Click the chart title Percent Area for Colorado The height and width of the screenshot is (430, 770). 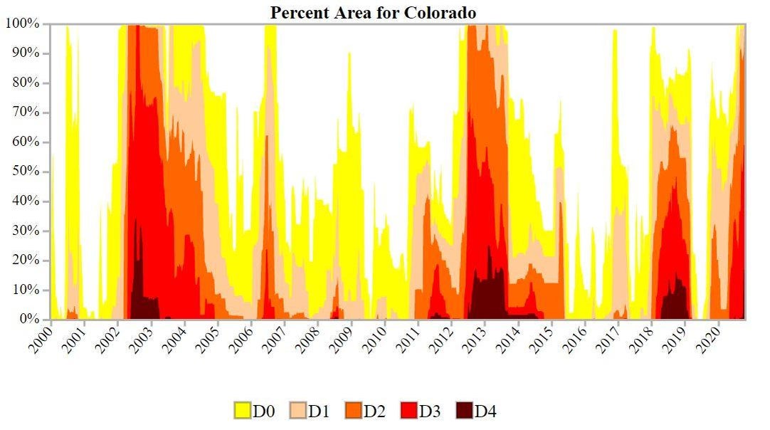373,12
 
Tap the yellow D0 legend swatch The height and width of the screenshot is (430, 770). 243,411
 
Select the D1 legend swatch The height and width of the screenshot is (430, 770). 297,411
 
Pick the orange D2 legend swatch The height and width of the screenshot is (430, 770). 353,411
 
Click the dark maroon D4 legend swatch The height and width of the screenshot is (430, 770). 464,411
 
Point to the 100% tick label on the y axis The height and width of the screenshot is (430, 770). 24,23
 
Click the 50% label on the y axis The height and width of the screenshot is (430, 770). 27,172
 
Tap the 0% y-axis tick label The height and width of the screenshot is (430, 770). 30,320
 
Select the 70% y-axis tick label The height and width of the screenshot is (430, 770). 27,112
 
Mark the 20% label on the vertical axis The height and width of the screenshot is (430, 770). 27,261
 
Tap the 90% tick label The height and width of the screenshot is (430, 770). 27,53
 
